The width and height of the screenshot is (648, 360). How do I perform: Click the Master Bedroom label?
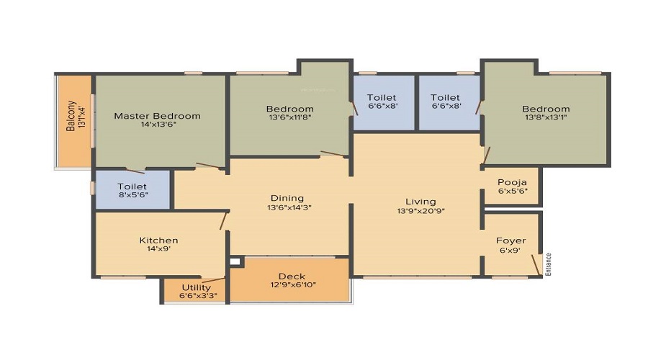[x=157, y=116]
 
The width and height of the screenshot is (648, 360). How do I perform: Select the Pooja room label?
[x=512, y=182]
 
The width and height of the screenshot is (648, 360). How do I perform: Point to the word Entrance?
[x=549, y=264]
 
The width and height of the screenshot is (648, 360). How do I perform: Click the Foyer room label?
[x=510, y=240]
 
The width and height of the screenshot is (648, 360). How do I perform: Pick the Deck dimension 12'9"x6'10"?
[x=293, y=285]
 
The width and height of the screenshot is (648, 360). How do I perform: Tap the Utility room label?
[x=197, y=287]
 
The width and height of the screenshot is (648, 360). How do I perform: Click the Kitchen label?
[x=158, y=240]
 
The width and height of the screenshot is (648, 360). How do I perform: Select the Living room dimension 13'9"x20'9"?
[x=420, y=211]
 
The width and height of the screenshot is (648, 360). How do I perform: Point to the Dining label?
[x=287, y=199]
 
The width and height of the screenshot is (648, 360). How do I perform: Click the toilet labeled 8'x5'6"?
[x=132, y=191]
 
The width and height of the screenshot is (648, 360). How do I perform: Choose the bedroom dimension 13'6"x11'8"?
[x=289, y=117]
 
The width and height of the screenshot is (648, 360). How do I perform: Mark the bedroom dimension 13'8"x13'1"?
[x=546, y=117]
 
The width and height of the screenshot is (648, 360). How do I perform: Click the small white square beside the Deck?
[x=235, y=261]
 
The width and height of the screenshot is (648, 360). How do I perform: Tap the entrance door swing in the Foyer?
[x=536, y=264]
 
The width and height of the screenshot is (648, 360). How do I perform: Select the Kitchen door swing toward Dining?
[x=224, y=220]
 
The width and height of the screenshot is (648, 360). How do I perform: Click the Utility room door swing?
[x=213, y=280]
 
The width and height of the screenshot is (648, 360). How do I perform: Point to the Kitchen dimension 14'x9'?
[x=158, y=249]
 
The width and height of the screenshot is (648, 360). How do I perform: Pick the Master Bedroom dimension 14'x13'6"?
[x=158, y=124]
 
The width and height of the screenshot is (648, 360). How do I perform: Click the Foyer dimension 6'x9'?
[x=510, y=250]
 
